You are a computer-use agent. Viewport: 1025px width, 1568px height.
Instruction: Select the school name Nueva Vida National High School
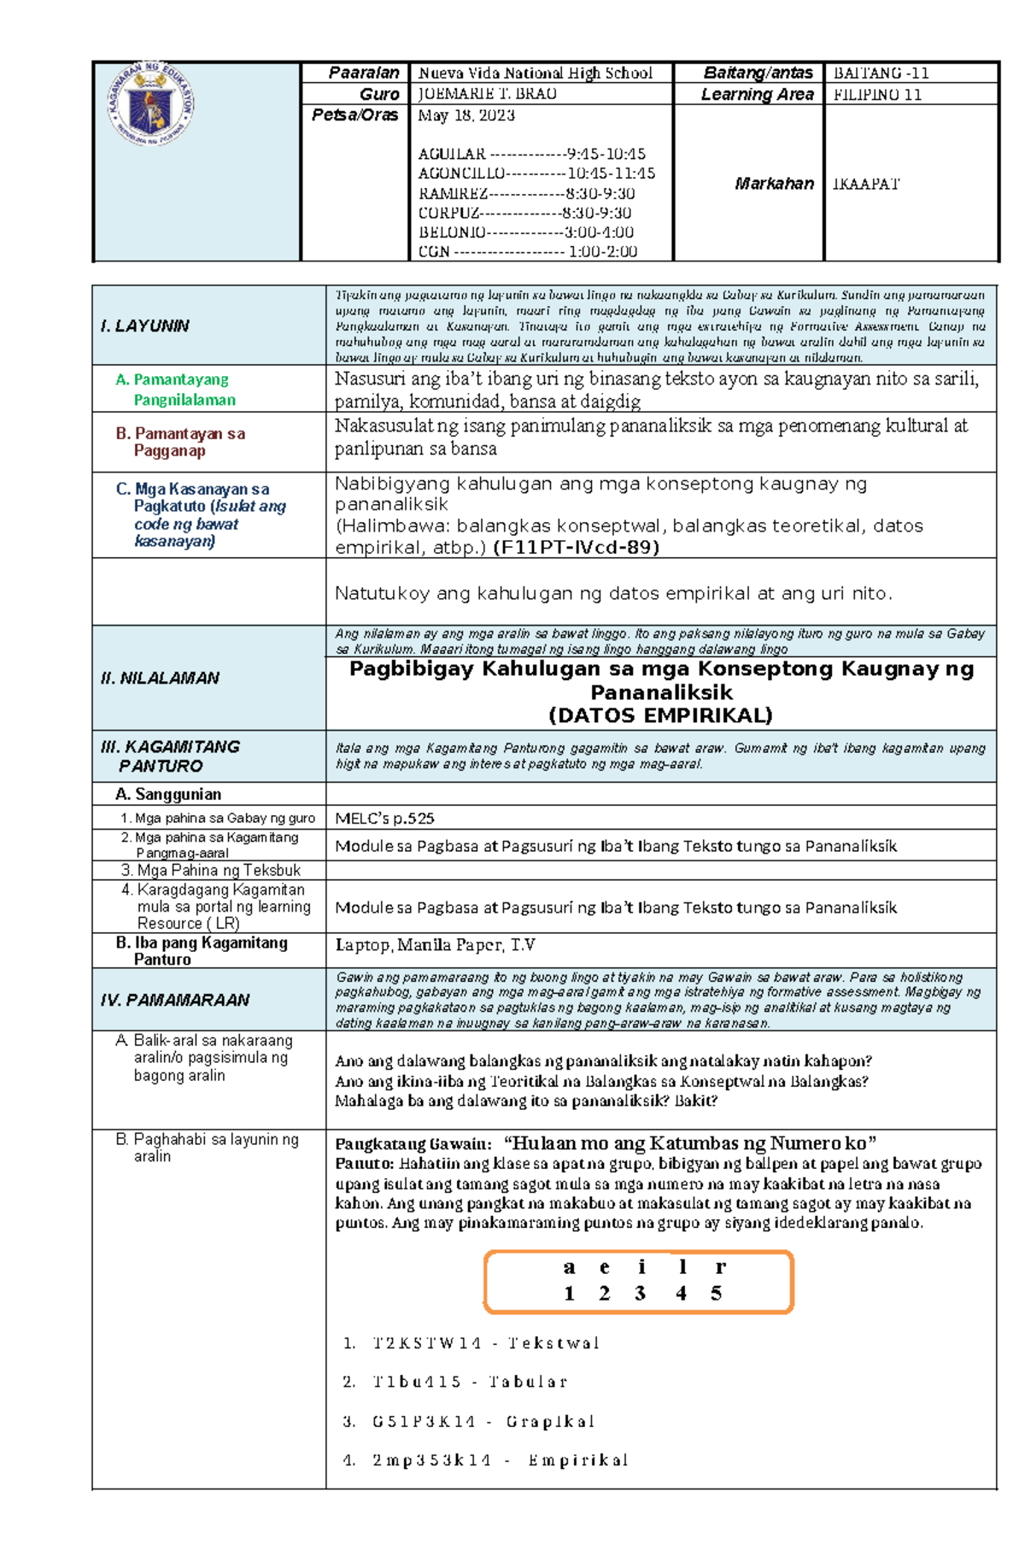point(535,73)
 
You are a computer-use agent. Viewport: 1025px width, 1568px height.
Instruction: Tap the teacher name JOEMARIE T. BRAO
point(487,94)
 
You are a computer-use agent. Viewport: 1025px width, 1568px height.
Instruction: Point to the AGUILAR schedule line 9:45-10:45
point(531,154)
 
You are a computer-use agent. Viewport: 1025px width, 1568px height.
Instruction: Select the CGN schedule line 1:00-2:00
point(527,251)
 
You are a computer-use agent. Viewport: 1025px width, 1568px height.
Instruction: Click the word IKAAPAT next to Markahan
point(866,184)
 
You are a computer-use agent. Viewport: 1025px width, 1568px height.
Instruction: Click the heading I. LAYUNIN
point(144,326)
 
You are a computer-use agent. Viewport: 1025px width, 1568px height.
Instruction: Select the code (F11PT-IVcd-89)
point(576,548)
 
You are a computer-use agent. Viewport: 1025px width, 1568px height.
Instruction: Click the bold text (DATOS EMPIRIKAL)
point(660,715)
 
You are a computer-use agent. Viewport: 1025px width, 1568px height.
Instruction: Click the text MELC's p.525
point(384,819)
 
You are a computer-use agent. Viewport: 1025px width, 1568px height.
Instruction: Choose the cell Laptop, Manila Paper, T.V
point(435,945)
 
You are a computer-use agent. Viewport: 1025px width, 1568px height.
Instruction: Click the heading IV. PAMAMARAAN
point(174,1000)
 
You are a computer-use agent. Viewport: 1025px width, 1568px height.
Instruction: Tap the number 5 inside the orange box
point(716,1294)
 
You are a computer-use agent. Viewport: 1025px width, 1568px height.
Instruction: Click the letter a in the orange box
point(569,1267)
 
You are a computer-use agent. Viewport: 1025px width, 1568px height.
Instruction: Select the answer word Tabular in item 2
point(527,1382)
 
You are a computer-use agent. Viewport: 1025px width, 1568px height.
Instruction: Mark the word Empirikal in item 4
point(577,1460)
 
